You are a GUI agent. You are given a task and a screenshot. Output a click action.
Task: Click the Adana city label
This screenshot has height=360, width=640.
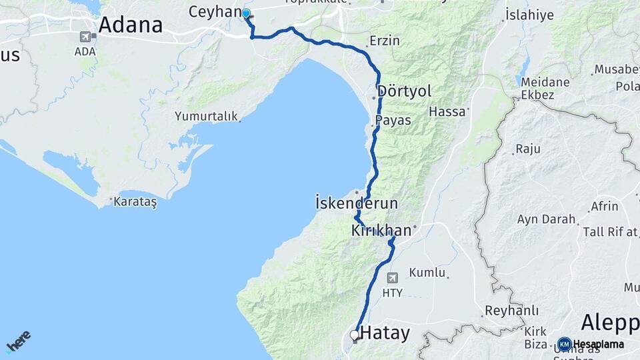131,25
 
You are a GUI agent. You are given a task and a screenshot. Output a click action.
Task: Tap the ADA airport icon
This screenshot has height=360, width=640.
85,37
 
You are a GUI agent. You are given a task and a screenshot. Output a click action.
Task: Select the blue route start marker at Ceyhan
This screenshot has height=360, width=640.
246,14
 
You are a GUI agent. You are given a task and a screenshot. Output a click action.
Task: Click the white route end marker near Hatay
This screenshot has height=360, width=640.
355,335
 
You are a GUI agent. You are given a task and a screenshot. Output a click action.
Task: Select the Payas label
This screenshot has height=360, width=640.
393,121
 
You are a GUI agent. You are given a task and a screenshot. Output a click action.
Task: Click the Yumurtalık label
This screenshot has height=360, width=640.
206,116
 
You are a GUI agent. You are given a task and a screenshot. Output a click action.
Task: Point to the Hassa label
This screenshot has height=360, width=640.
447,111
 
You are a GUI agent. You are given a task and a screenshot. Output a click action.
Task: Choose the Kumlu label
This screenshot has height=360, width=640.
427,273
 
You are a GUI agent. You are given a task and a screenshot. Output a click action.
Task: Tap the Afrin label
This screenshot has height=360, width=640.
605,206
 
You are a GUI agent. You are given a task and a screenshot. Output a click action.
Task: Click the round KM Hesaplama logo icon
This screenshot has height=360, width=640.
565,344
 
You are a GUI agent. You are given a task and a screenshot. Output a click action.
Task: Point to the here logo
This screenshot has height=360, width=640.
18,340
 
